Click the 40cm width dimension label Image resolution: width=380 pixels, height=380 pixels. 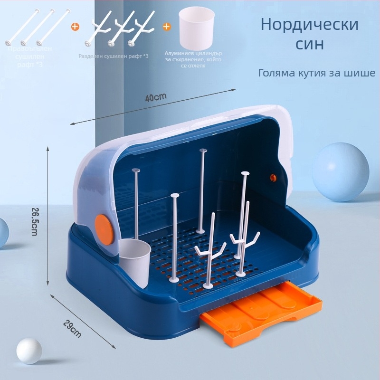coord(156,97)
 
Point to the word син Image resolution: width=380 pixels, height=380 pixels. coord(309,44)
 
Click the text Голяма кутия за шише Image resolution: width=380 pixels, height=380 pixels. coord(317,73)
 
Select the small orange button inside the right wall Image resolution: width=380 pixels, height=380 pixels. coord(273,177)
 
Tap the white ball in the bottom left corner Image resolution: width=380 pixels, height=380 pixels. coord(29,351)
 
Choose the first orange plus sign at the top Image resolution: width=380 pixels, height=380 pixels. coord(75,27)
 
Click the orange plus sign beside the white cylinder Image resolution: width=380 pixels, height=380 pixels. coord(167,27)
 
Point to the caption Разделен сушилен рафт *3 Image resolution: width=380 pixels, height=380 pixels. coord(114,57)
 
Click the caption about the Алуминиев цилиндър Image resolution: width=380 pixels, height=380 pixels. coord(193,60)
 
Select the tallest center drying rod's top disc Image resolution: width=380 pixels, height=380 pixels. coord(203,151)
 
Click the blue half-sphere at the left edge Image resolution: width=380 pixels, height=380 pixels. coord(3,233)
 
